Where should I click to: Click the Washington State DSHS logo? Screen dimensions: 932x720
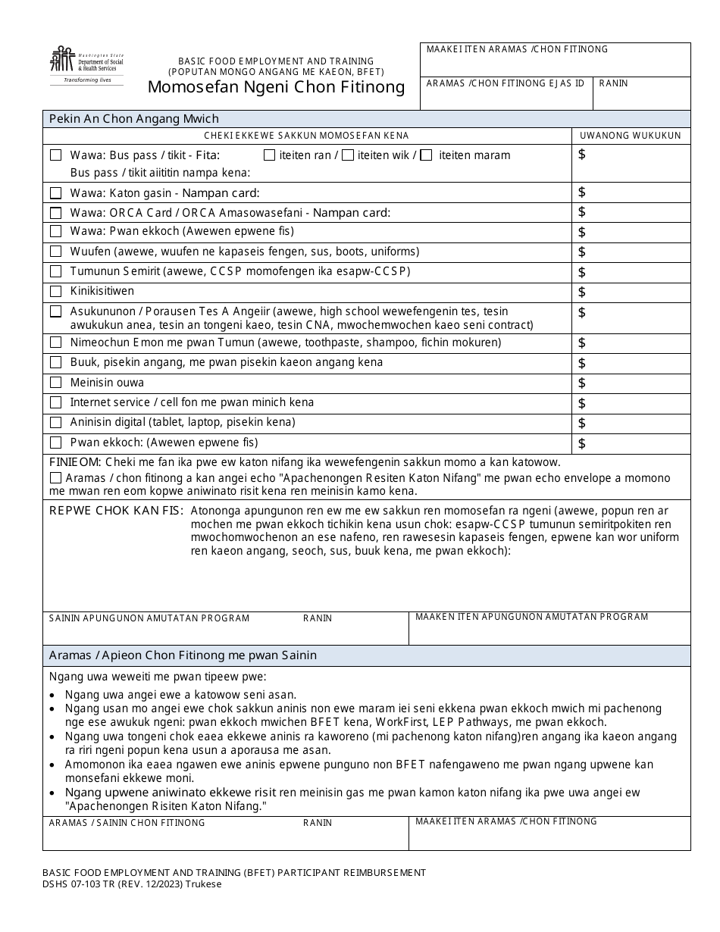tap(86, 65)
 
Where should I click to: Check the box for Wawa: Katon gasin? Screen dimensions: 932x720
tap(55, 193)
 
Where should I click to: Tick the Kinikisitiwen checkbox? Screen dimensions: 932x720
tap(55, 292)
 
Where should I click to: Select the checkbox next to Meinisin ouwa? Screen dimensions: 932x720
tap(55, 383)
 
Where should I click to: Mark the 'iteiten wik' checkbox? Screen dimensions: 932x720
tap(348, 155)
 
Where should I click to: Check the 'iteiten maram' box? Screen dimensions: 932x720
tap(427, 155)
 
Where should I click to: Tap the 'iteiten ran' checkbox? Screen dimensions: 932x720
tap(269, 155)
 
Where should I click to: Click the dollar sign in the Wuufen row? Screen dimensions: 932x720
tap(582, 252)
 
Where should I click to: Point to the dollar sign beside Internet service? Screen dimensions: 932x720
tap(582, 403)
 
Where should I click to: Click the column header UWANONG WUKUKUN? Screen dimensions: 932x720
tap(631, 136)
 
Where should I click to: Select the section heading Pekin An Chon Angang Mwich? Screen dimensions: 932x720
tap(134, 119)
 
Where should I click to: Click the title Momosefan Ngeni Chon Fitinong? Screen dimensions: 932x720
tap(276, 87)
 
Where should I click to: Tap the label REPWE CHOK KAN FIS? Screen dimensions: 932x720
tap(116, 511)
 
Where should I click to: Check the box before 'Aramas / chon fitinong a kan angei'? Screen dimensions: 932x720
tap(55, 478)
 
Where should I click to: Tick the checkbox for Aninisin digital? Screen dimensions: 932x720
tap(55, 423)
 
